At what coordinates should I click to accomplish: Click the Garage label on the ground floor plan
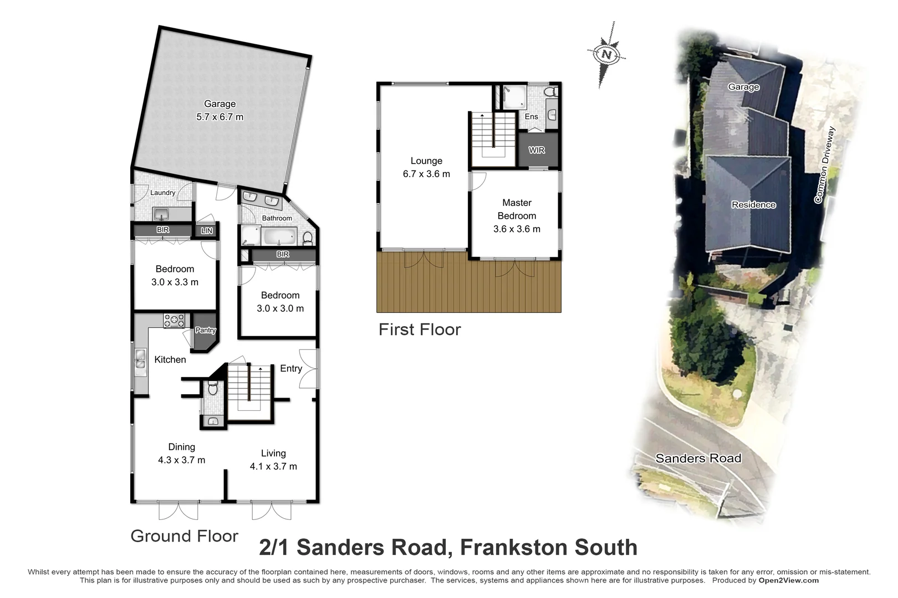(220, 104)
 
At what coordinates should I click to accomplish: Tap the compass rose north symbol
(606, 54)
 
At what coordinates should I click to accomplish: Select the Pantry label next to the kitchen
(205, 330)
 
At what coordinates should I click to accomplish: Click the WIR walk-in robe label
(537, 150)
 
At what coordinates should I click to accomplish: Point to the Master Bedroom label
(517, 209)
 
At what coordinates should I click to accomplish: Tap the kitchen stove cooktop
(174, 320)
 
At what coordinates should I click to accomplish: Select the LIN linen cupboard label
(207, 230)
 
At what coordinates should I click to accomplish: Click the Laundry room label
(162, 193)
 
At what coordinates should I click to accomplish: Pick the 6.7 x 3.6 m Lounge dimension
(426, 174)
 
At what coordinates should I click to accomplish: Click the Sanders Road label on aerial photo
(698, 458)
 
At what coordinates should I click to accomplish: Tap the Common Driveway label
(824, 165)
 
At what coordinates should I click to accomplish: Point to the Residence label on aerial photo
(753, 205)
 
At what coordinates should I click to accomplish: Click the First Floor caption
(420, 329)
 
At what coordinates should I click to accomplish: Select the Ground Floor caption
(184, 536)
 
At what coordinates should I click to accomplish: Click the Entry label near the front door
(291, 368)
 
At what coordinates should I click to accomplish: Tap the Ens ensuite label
(531, 116)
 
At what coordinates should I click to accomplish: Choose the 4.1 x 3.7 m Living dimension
(273, 466)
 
